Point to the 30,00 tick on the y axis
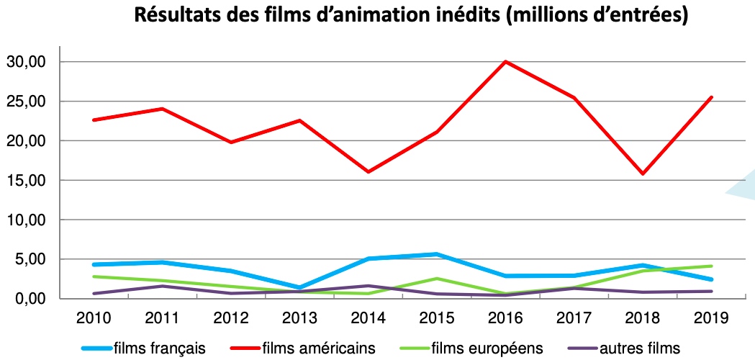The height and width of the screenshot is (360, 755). coord(26,62)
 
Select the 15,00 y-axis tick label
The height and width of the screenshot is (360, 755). coord(26,180)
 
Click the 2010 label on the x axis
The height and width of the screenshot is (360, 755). coord(95,318)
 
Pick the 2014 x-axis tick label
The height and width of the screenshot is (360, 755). coord(369,318)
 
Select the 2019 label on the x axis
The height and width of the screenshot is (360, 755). coord(711,318)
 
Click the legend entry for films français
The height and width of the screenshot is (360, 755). coord(160,348)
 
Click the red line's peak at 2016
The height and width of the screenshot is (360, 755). coord(506,62)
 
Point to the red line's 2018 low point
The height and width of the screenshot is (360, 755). coord(643,174)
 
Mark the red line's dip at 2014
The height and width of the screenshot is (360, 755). coord(369,172)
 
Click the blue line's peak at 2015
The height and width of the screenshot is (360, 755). coord(437,254)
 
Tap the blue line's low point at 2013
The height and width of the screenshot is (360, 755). coord(300,287)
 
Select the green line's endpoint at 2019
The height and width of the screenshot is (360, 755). coord(711,266)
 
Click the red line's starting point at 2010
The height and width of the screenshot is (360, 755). coord(95,120)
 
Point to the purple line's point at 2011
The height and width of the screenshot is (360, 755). coord(163,286)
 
